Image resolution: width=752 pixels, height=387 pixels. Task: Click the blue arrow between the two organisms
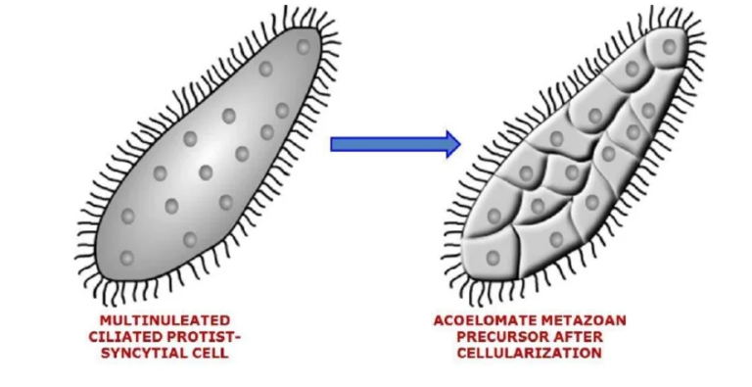pyautogui.click(x=392, y=144)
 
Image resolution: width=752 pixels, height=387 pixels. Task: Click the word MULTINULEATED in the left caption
pyautogui.click(x=164, y=320)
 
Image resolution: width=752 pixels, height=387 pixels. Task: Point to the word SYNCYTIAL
pyautogui.click(x=143, y=352)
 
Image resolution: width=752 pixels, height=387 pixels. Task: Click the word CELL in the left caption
pyautogui.click(x=210, y=352)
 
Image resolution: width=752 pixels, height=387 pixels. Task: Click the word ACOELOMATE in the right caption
pyautogui.click(x=486, y=320)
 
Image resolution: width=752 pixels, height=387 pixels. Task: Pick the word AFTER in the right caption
pyautogui.click(x=580, y=336)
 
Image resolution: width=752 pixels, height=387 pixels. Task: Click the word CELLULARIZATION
pyautogui.click(x=530, y=352)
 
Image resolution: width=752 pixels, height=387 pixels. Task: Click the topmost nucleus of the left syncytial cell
pyautogui.click(x=303, y=46)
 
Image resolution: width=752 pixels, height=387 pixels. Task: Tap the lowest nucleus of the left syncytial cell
pyautogui.click(x=126, y=258)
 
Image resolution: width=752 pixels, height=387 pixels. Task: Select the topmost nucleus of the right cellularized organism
pyautogui.click(x=669, y=46)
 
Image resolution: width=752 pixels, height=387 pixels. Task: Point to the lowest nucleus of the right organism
pyautogui.click(x=493, y=258)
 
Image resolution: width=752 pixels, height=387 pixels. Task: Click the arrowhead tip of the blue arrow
pyautogui.click(x=458, y=144)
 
